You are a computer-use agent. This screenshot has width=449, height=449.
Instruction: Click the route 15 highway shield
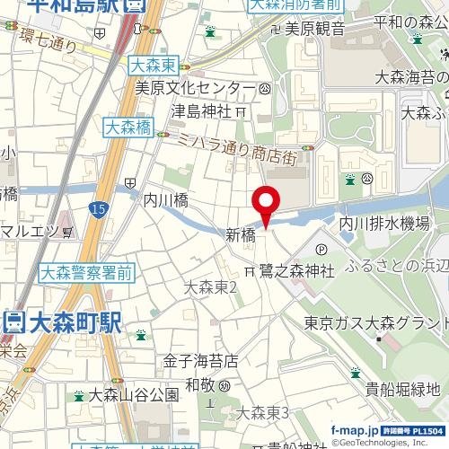(x=96, y=209)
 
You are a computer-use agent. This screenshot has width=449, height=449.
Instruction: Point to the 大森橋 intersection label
(x=127, y=128)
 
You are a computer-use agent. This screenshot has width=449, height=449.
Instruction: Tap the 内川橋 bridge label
(x=165, y=201)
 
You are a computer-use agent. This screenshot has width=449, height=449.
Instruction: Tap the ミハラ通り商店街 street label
(x=237, y=147)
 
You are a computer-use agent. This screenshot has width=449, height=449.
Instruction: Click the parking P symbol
(x=321, y=248)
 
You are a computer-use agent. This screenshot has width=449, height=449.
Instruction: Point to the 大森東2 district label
(x=209, y=288)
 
